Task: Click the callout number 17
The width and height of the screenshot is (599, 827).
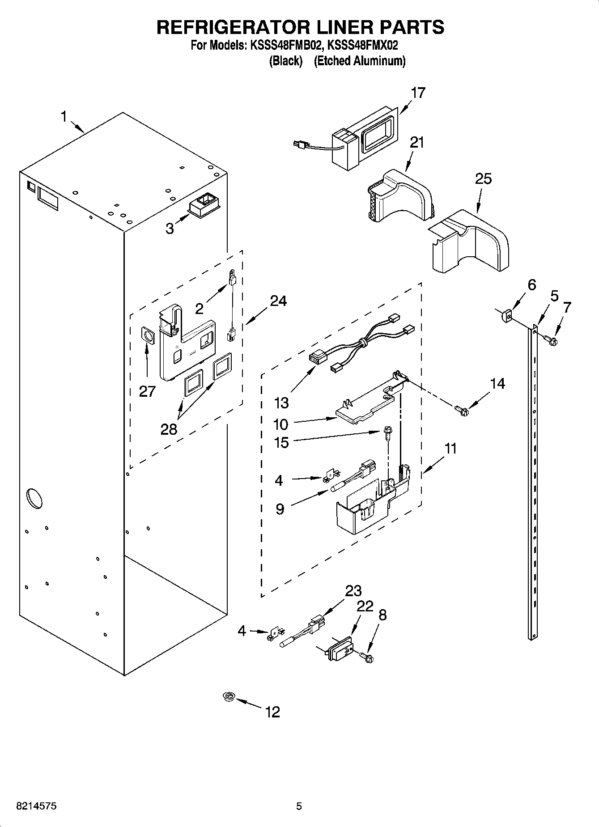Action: point(418,93)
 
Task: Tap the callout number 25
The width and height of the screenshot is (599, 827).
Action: point(483,179)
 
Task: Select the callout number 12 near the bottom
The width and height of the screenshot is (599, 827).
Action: point(272,712)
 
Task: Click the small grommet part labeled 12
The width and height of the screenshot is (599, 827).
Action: point(229,696)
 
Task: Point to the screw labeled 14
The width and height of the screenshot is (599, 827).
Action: point(461,409)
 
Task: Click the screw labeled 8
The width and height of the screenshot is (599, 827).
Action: point(367,657)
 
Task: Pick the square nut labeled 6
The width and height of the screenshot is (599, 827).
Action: point(506,316)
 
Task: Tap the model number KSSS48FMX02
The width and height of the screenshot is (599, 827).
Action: point(363,45)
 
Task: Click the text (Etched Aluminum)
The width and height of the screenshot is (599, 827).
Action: point(359,61)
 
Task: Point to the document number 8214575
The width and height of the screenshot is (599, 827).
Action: point(36,806)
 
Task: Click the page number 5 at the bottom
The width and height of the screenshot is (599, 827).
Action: point(299,806)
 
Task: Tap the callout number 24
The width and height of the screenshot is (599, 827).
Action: point(278,301)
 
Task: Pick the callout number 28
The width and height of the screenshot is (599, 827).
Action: point(169,429)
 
